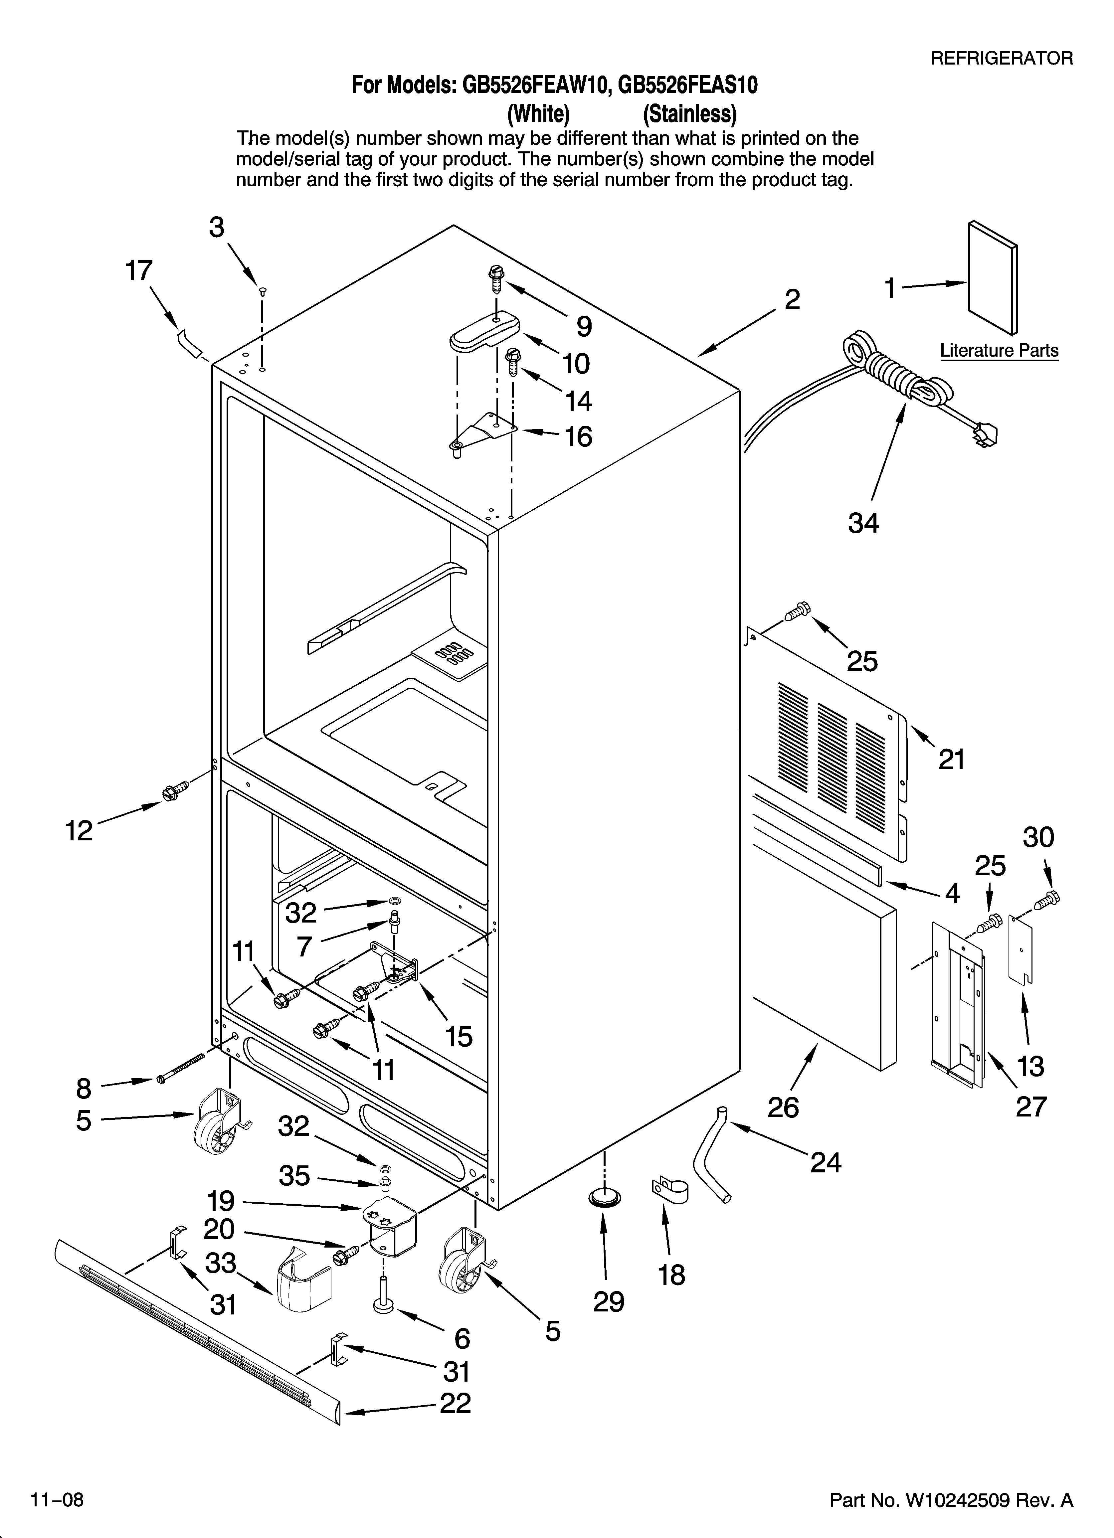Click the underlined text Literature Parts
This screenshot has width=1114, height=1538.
(x=999, y=351)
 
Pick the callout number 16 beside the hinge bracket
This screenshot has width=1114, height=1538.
(x=578, y=437)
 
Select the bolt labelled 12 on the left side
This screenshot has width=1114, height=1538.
(x=170, y=791)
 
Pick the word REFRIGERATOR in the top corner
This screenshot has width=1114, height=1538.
(x=1002, y=58)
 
